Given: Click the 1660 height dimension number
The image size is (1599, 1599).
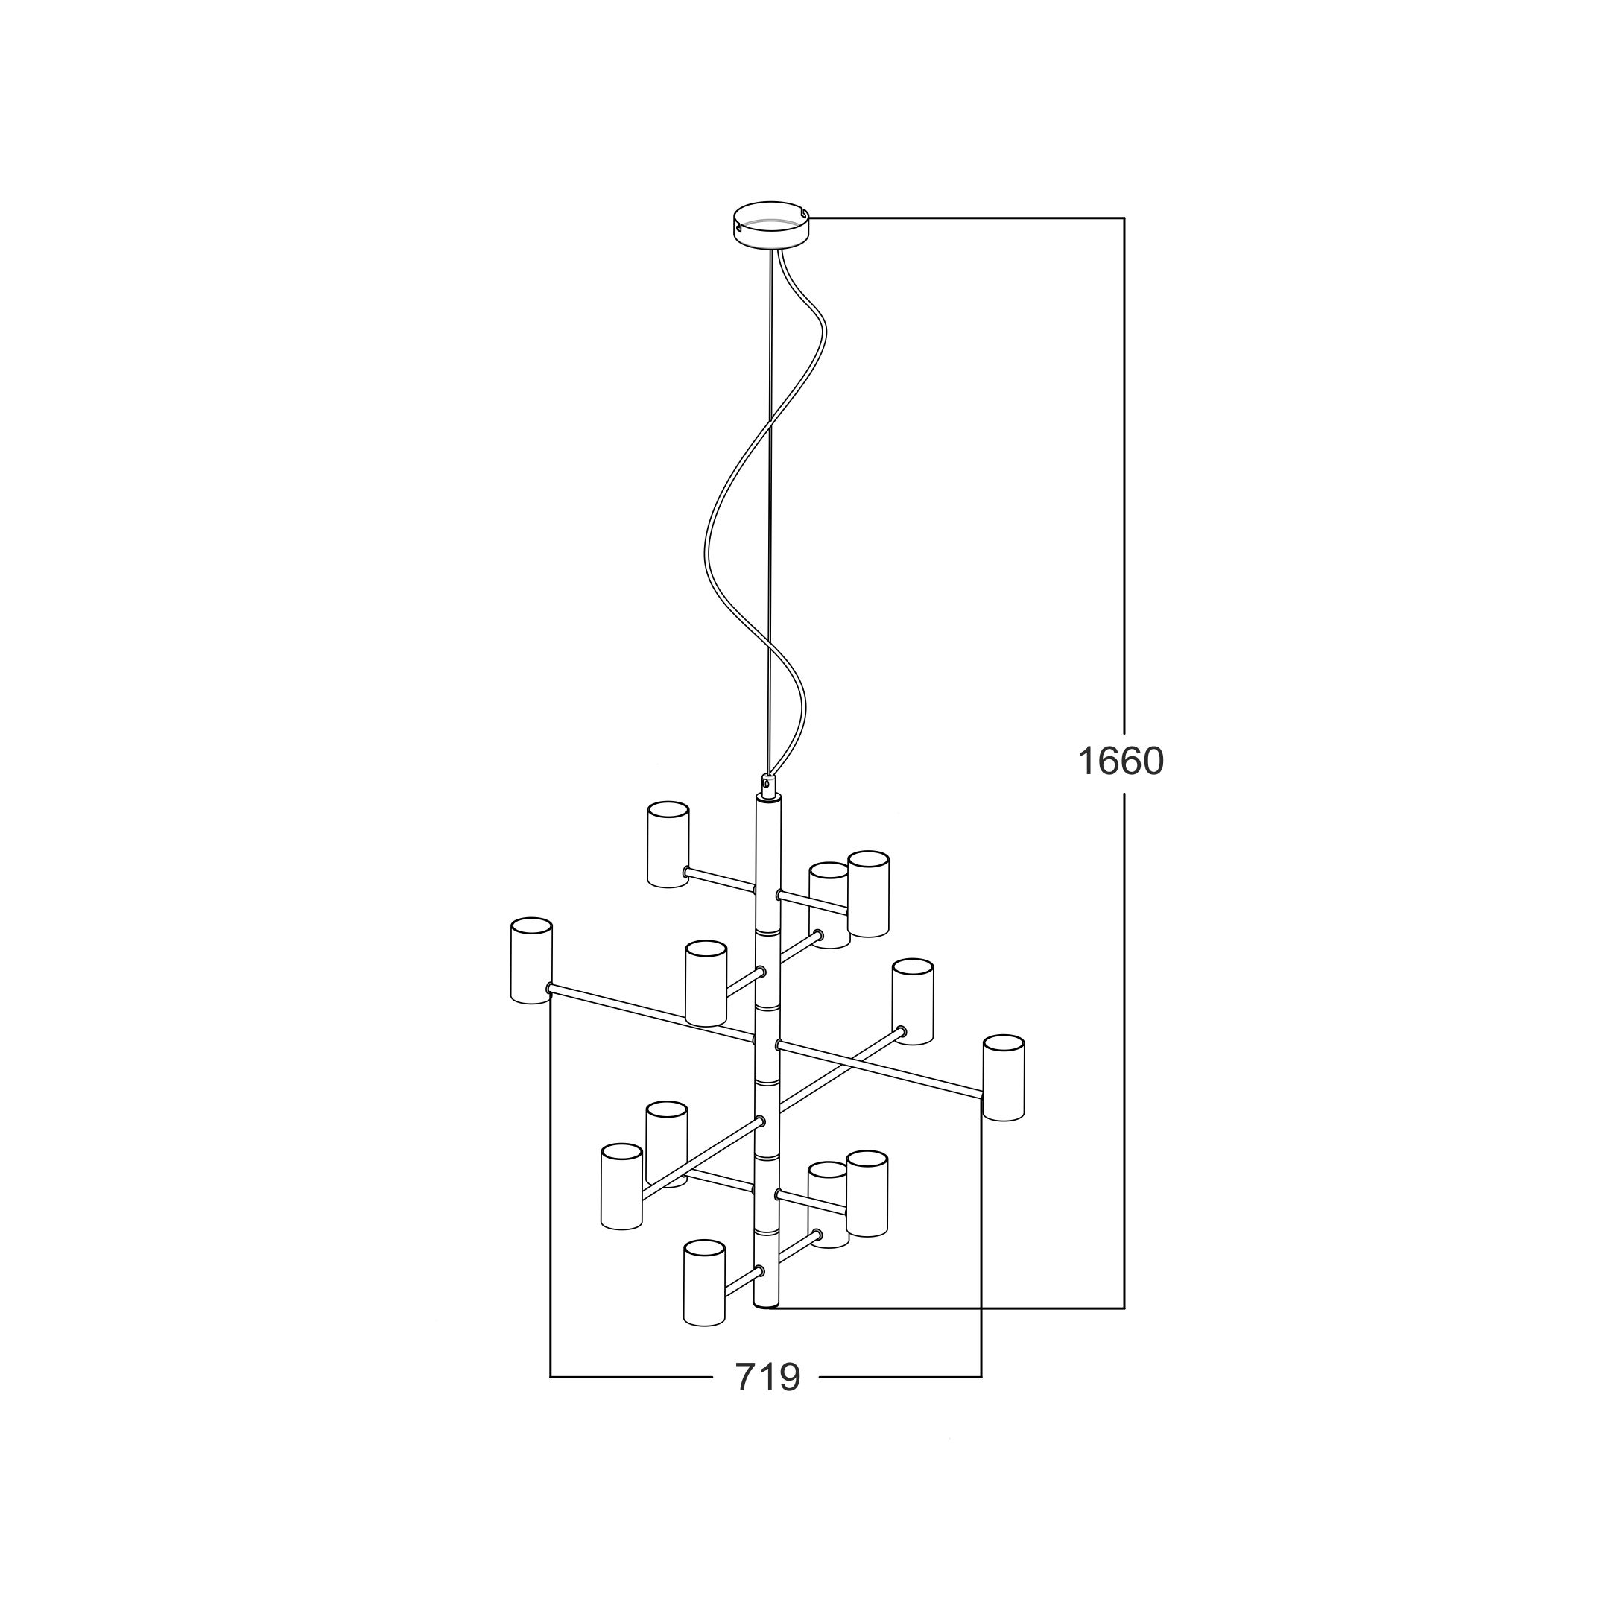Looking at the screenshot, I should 1120,761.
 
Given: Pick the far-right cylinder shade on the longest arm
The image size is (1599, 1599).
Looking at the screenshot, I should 1003,1077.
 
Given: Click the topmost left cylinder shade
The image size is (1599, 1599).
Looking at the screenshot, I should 667,844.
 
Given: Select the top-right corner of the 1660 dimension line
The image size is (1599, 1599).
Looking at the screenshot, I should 1124,218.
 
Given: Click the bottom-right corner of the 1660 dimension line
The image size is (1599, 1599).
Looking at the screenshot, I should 1124,1308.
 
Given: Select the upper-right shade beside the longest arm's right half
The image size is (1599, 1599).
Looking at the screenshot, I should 913,1001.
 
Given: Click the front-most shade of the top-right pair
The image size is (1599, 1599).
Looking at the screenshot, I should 868,894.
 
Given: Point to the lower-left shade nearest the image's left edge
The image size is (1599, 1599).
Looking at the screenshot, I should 621,1186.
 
